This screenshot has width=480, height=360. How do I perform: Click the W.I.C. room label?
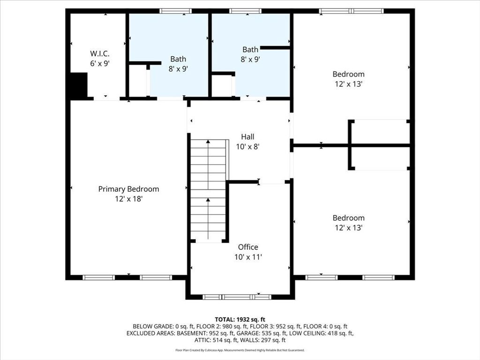pyautogui.click(x=100, y=54)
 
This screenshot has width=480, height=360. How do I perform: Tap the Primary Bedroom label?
pyautogui.click(x=128, y=189)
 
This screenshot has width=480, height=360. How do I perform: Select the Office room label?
pyautogui.click(x=248, y=247)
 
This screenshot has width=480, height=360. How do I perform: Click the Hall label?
pyautogui.click(x=247, y=137)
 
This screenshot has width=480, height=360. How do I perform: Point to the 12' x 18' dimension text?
pyautogui.click(x=128, y=199)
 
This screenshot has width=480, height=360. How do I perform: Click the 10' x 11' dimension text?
pyautogui.click(x=248, y=257)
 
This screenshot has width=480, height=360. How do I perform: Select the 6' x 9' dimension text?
pyautogui.click(x=100, y=63)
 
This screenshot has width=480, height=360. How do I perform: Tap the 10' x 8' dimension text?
pyautogui.click(x=247, y=146)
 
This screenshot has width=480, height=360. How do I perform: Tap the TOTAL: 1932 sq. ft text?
pyautogui.click(x=240, y=319)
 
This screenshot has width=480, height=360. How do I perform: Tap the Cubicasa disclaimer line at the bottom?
pyautogui.click(x=240, y=350)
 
